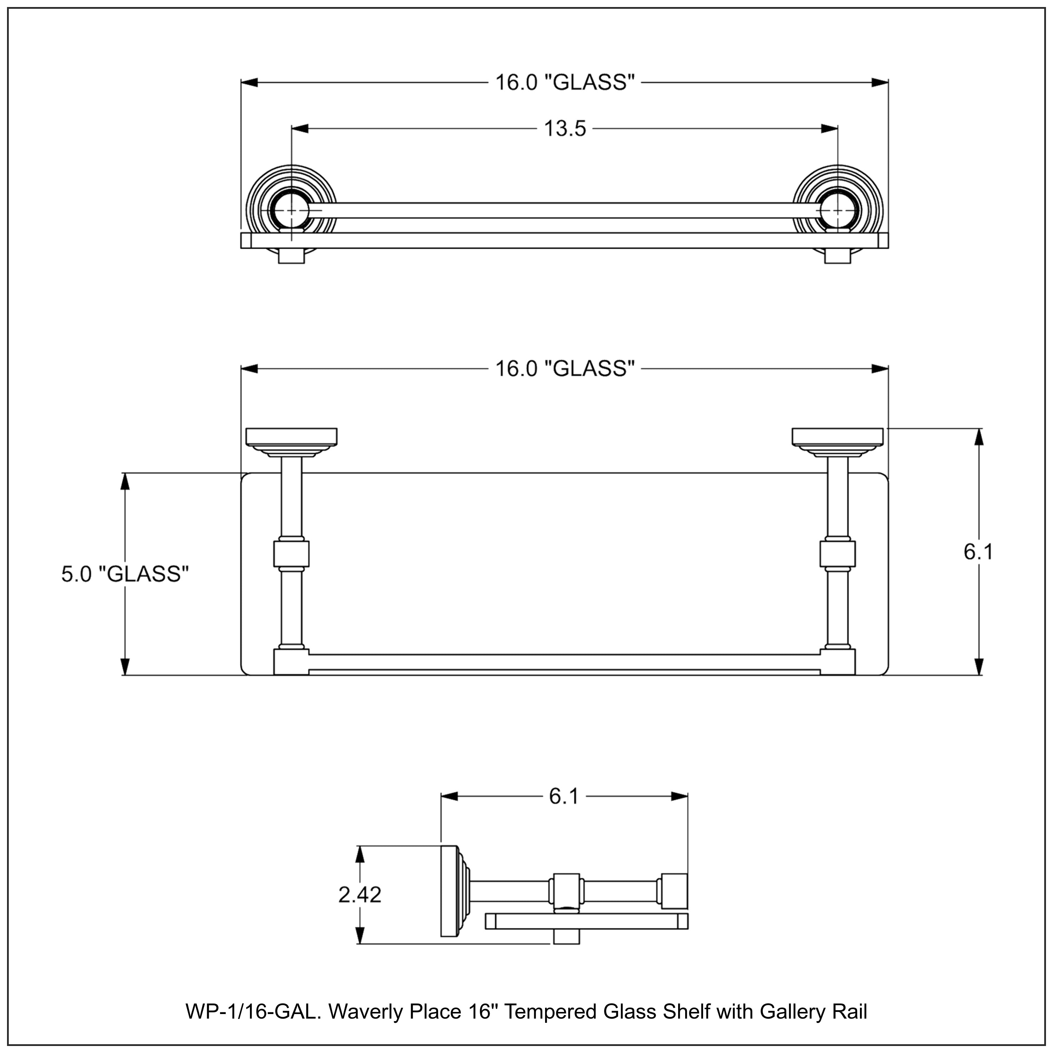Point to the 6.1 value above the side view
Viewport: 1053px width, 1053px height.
pyautogui.click(x=564, y=797)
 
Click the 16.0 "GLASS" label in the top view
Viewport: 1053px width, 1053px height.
pyautogui.click(x=565, y=83)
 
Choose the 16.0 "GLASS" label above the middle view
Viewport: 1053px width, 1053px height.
pyautogui.click(x=565, y=369)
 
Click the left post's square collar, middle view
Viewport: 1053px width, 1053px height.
pyautogui.click(x=291, y=554)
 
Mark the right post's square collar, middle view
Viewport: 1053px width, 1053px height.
pyautogui.click(x=838, y=554)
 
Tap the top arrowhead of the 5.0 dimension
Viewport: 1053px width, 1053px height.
pyautogui.click(x=125, y=482)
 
